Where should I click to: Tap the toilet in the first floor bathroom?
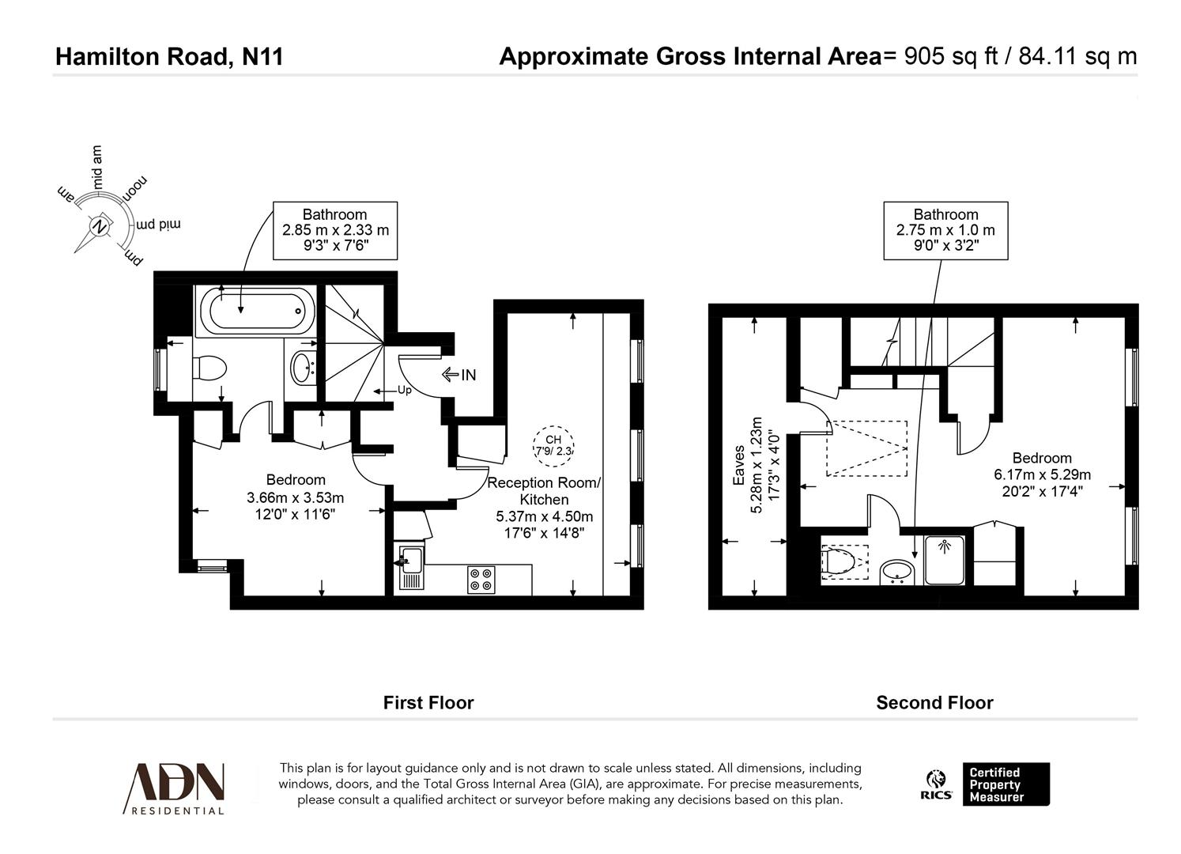[209, 368]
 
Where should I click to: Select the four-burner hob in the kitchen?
[481, 580]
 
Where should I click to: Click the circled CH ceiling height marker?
[553, 445]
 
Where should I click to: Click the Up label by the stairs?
[404, 390]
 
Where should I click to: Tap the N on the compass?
[100, 226]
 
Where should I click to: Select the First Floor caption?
[428, 703]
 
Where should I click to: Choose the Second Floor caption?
[934, 703]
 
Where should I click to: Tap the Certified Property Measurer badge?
[1006, 784]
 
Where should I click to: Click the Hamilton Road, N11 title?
[169, 57]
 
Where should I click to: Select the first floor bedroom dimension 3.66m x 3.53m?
[296, 497]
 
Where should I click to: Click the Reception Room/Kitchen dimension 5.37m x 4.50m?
[544, 516]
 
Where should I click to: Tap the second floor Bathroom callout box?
[945, 230]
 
